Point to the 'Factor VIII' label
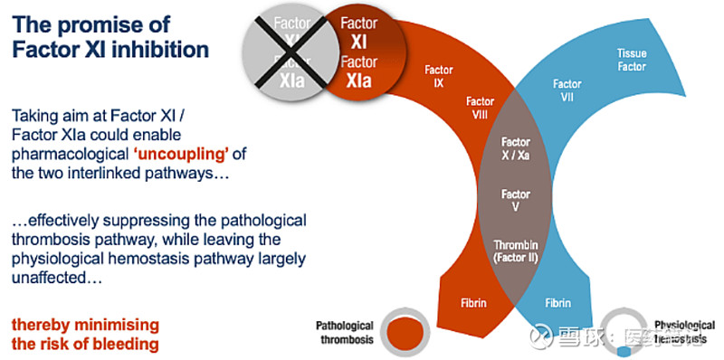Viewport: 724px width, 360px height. (x=481, y=109)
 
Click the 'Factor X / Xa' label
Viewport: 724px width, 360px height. (x=516, y=148)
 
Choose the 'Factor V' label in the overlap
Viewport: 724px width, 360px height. (x=516, y=200)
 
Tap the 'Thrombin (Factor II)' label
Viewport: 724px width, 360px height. (x=516, y=251)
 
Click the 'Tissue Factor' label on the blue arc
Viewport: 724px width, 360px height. (x=632, y=61)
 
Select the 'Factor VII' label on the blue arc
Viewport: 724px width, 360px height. (x=567, y=90)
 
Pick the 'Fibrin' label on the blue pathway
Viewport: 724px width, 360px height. (x=557, y=302)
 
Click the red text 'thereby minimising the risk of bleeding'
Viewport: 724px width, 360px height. (x=85, y=335)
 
